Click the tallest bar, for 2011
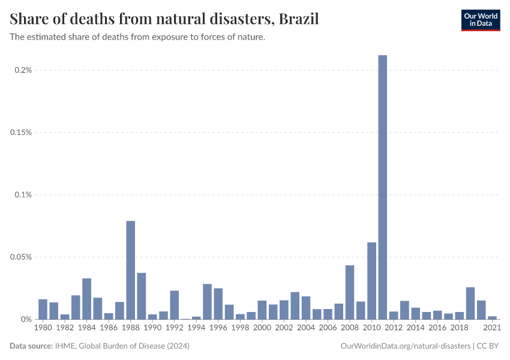click(383, 187)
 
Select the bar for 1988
click(131, 270)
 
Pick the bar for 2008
click(350, 292)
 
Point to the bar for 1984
click(86, 299)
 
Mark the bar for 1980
click(43, 309)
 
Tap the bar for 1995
click(208, 302)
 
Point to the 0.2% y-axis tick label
click(23, 70)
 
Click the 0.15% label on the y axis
click(21, 133)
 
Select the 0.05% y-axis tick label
click(21, 257)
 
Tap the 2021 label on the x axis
click(493, 328)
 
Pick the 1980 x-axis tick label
click(43, 328)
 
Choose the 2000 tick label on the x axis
click(262, 328)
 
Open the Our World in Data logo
click(480, 20)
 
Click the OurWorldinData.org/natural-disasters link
click(405, 346)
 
